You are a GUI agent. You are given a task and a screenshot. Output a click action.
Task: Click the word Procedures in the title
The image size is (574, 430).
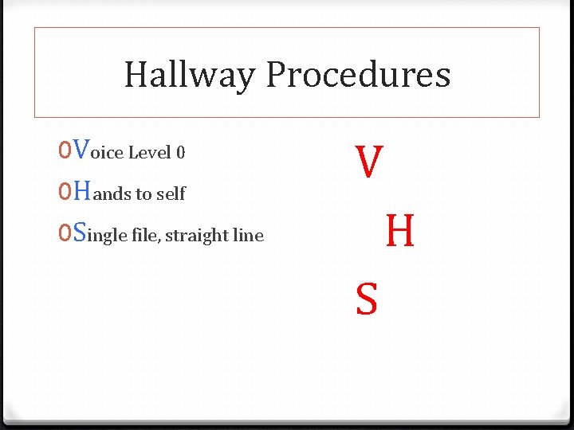(358, 76)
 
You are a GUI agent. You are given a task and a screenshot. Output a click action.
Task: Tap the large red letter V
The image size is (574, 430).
(369, 162)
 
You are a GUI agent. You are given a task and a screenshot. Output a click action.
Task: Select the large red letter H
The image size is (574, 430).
(399, 232)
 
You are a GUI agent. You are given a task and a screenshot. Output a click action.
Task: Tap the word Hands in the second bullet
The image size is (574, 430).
(101, 192)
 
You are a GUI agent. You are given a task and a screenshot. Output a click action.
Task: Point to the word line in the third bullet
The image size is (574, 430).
(248, 235)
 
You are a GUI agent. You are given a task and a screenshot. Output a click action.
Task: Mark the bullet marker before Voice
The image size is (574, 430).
(64, 150)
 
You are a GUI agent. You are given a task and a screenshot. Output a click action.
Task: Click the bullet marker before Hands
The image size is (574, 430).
(64, 192)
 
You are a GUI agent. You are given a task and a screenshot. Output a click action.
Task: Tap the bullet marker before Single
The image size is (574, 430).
(64, 233)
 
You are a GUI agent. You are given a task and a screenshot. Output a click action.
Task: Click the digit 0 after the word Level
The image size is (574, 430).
(180, 152)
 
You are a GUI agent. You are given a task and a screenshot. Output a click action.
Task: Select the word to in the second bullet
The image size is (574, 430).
(144, 193)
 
